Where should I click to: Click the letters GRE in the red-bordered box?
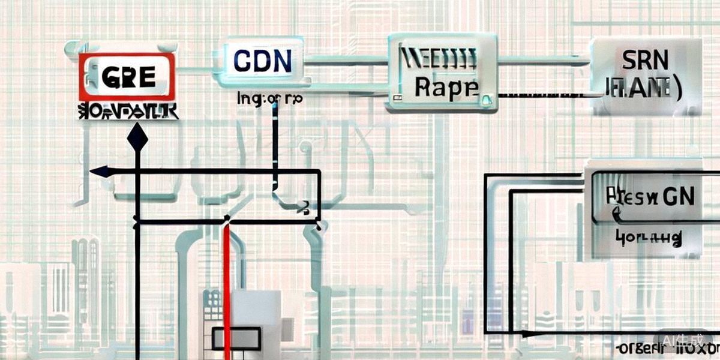coord(128,76)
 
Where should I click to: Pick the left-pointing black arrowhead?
coord(100,172)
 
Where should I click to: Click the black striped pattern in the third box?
coord(438,60)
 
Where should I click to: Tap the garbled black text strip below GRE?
coord(127,111)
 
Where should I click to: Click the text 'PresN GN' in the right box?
coord(649,197)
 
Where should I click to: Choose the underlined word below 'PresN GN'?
coord(648,238)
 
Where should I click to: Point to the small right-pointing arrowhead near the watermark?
coord(528,332)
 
